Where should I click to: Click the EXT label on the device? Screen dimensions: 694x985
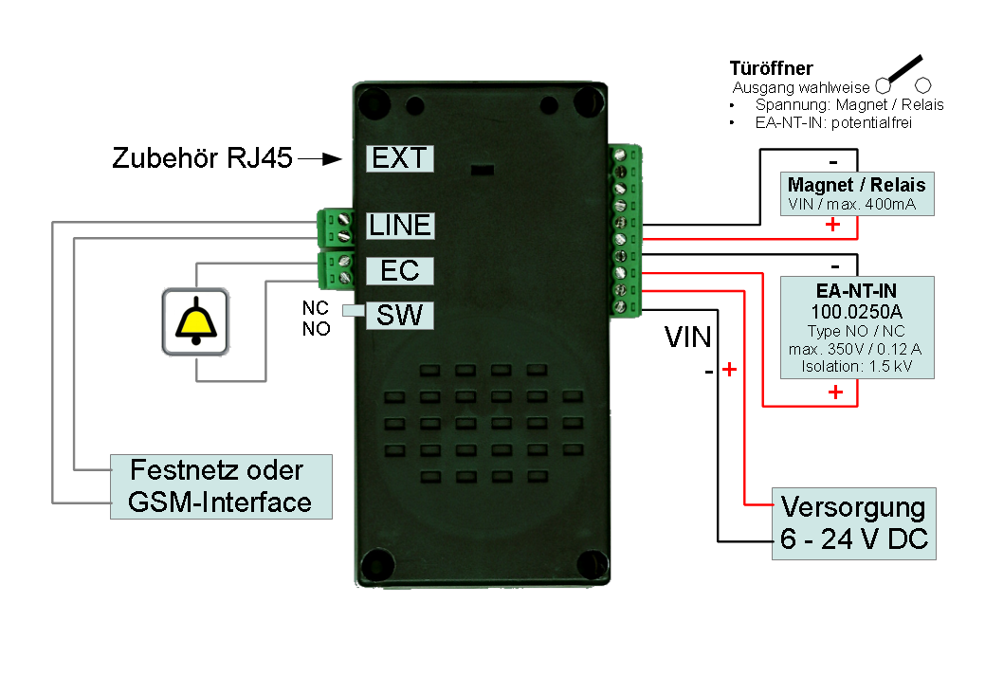(399, 157)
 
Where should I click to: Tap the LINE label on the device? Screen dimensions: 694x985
(399, 226)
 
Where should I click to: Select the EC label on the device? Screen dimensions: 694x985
(399, 270)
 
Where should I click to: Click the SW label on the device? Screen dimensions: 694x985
(399, 315)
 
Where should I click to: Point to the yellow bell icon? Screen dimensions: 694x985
(195, 322)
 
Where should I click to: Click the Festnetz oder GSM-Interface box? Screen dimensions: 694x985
(221, 486)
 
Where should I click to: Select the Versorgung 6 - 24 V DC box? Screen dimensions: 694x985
(854, 524)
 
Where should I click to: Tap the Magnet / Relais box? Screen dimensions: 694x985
(856, 193)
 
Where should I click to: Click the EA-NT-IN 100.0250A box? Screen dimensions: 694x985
(856, 327)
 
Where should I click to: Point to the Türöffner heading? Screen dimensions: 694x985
(771, 68)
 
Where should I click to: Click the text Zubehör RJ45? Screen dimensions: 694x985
(202, 157)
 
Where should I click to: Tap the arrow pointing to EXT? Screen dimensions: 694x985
(319, 159)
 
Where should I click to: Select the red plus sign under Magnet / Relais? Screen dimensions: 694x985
(831, 225)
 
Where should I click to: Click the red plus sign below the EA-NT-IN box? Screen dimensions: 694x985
(835, 392)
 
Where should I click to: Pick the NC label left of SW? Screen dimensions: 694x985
(315, 308)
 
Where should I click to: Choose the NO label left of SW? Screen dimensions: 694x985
(315, 329)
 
